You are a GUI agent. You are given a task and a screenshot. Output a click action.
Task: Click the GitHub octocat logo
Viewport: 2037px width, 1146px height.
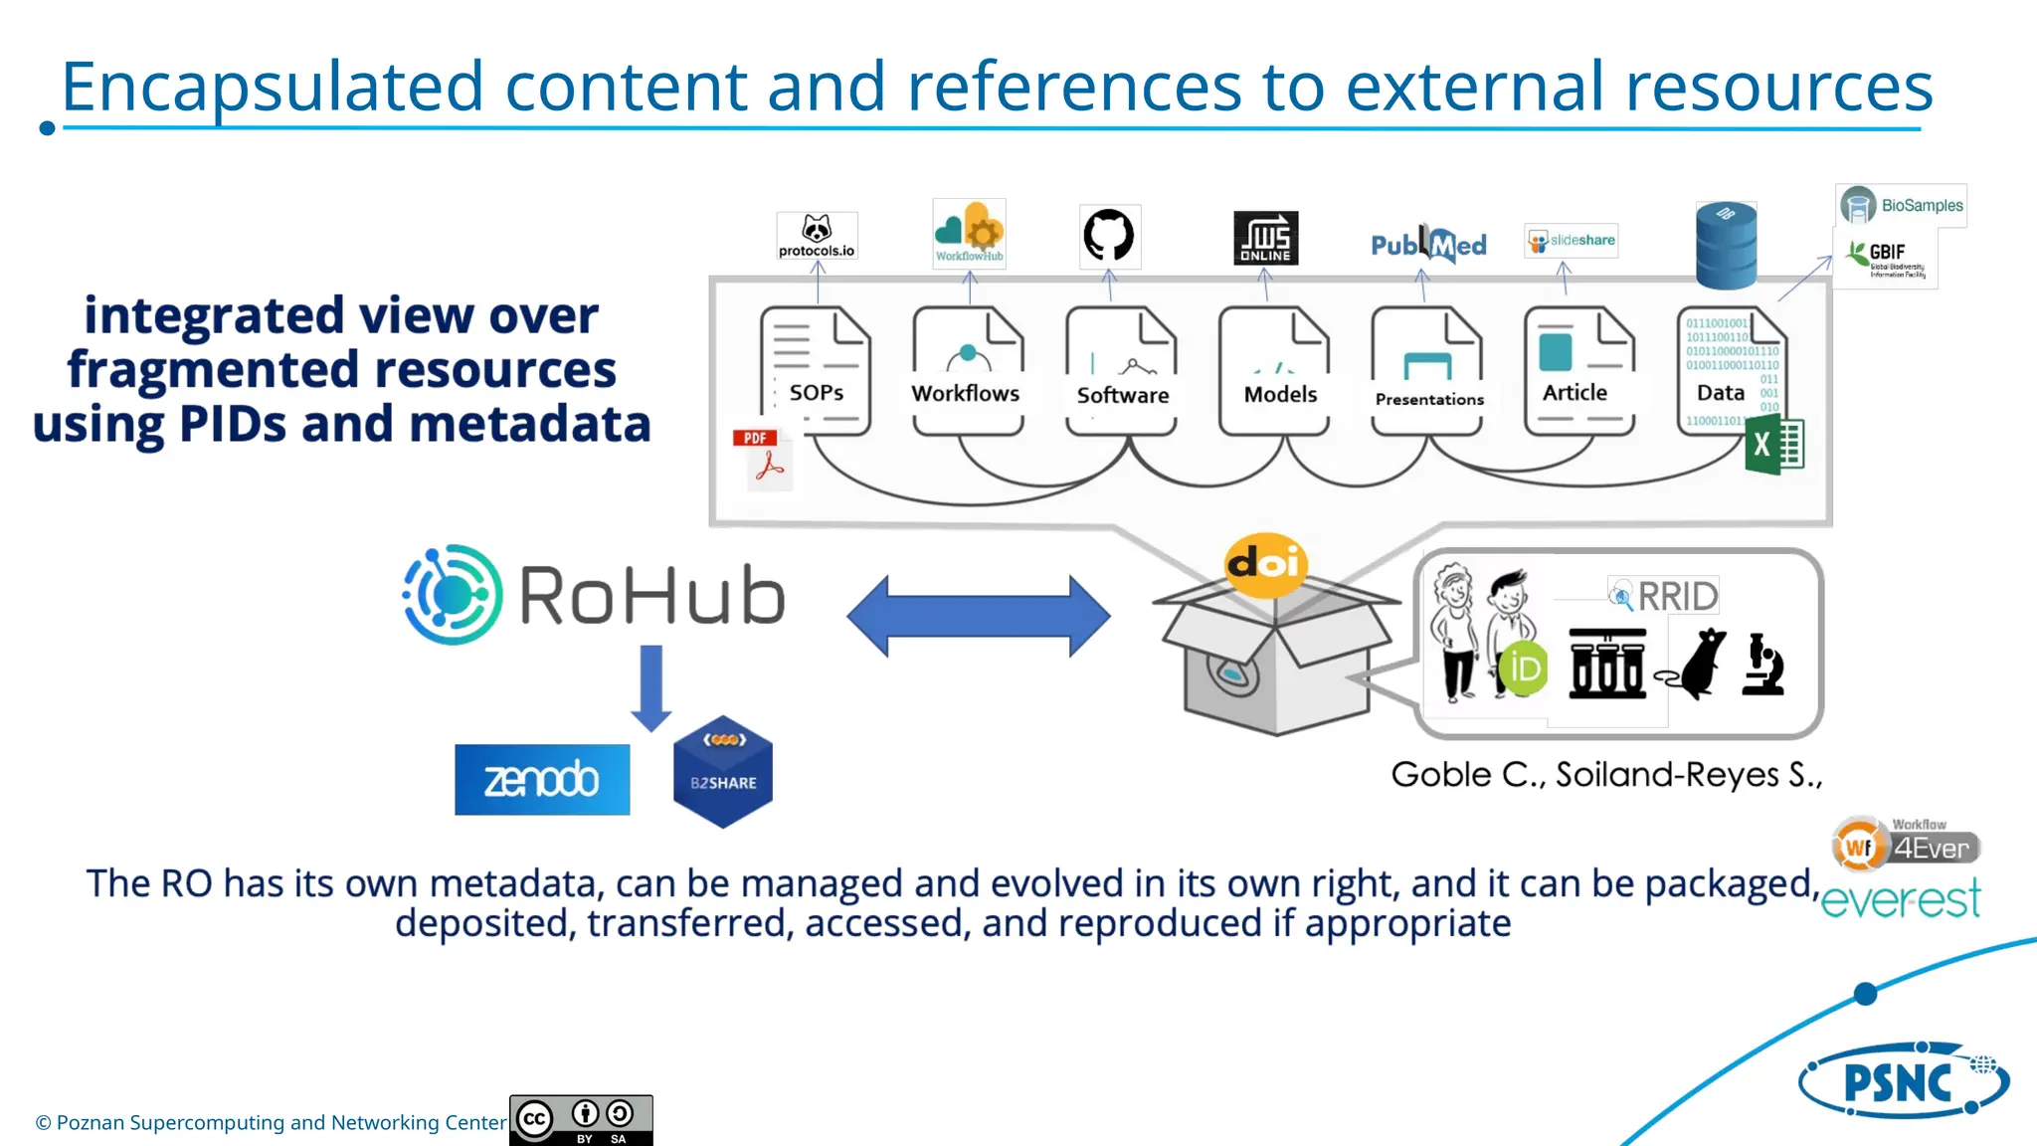click(x=1109, y=236)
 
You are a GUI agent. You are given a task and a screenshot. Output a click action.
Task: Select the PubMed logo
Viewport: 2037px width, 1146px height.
click(x=1428, y=245)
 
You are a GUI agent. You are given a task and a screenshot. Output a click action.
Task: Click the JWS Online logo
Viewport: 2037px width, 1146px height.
click(x=1265, y=238)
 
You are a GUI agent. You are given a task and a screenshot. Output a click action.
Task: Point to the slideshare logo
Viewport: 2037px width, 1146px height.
click(x=1572, y=241)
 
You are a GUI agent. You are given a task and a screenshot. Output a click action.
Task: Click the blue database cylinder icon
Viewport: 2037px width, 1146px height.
click(x=1726, y=245)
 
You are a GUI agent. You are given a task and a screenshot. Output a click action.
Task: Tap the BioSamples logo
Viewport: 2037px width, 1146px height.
click(x=1901, y=206)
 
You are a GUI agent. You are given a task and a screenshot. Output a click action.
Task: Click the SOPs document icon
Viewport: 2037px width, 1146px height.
click(x=816, y=371)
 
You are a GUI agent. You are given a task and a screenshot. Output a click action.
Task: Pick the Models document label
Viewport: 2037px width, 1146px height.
click(x=1280, y=395)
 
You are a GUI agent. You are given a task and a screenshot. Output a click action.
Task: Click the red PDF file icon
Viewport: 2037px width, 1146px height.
click(x=763, y=459)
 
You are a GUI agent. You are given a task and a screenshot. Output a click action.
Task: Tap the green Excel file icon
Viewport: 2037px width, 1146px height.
click(x=1773, y=446)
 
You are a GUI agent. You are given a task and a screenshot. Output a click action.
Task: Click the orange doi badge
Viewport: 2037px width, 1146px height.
click(x=1265, y=564)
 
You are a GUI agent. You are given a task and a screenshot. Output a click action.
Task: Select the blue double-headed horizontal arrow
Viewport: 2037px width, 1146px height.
click(x=979, y=616)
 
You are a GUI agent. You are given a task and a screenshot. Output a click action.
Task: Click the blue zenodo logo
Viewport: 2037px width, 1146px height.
click(x=542, y=780)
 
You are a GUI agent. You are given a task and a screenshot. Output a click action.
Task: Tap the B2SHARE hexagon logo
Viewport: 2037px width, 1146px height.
click(x=723, y=772)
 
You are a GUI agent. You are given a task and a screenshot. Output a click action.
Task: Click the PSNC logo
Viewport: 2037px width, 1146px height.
click(x=1903, y=1081)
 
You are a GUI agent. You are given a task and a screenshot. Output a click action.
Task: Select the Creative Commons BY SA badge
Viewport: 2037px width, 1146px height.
click(x=581, y=1120)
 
